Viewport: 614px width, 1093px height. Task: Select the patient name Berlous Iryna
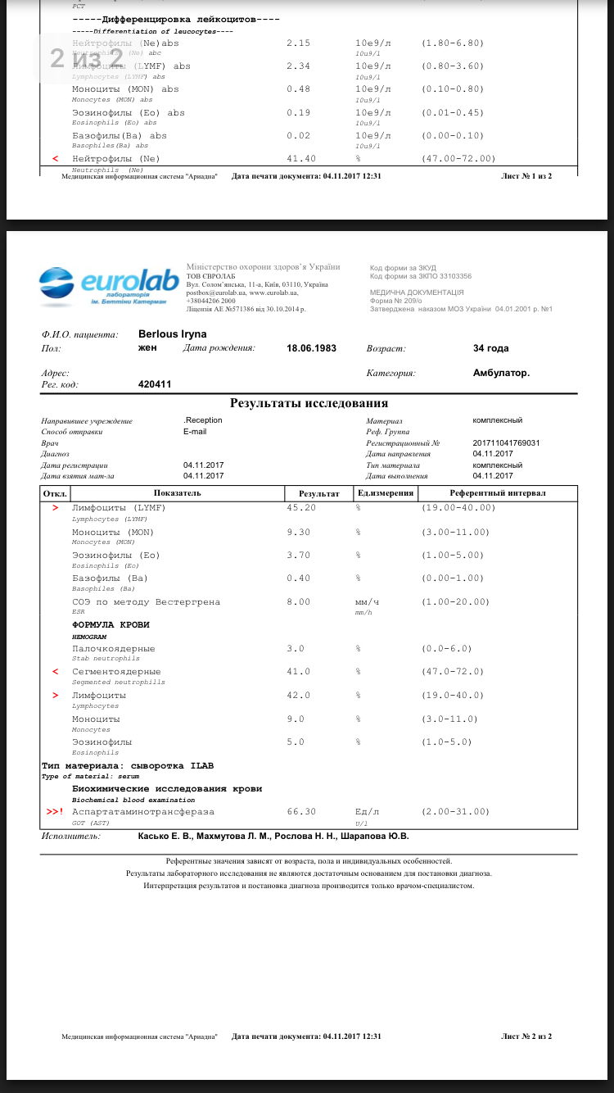[172, 334]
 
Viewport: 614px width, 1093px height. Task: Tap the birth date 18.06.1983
[311, 348]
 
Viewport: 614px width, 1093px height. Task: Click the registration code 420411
[155, 383]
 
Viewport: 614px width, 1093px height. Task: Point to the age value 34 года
[490, 348]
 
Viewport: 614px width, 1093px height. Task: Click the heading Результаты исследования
[309, 403]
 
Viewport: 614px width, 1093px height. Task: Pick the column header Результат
[318, 493]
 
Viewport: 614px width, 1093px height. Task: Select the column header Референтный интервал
[498, 493]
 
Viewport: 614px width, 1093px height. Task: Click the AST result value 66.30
[300, 811]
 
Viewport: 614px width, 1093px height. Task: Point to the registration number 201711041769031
[506, 443]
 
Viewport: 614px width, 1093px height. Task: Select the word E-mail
[195, 432]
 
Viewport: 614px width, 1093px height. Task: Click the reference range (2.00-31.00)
[456, 811]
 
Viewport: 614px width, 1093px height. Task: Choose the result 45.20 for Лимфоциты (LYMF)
[300, 508]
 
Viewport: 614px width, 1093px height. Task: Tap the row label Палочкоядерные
[113, 648]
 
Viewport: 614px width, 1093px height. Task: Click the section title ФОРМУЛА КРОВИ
[111, 624]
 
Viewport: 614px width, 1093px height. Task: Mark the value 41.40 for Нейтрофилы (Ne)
[300, 158]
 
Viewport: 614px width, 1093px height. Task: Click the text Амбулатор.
[501, 373]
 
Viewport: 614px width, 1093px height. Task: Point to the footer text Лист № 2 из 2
[526, 1036]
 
